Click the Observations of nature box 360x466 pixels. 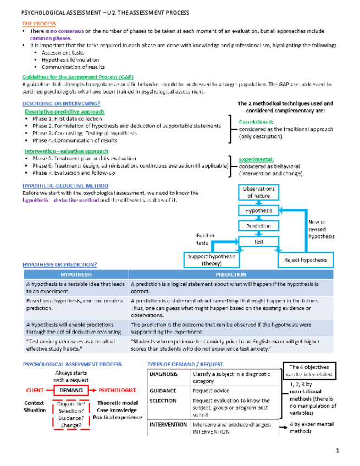(258, 192)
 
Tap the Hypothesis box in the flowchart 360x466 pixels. (258, 210)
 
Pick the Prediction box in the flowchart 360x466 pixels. (258, 225)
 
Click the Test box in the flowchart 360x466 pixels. (258, 241)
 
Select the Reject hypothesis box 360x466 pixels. (306, 260)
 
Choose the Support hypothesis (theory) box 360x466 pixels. (211, 260)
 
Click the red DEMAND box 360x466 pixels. (72, 390)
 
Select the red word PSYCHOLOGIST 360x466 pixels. (117, 390)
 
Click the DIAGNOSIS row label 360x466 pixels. (163, 374)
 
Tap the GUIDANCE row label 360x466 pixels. (163, 390)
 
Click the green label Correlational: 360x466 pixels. (256, 122)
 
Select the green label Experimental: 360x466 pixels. (256, 160)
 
